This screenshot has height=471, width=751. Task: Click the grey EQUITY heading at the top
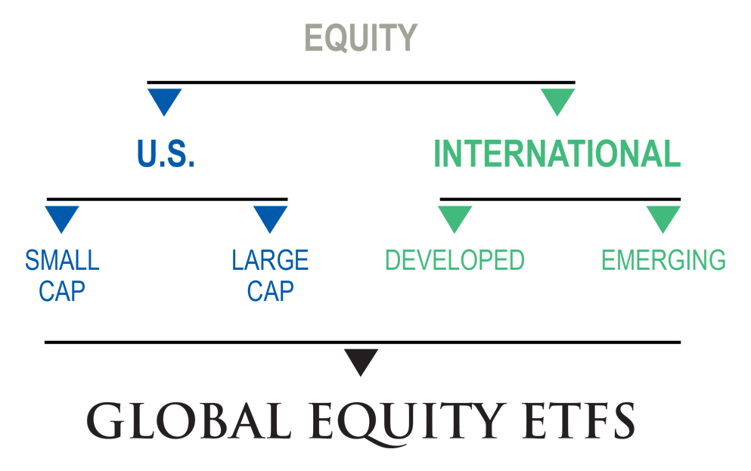coord(361,38)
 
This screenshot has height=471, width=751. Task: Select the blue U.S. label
coord(166,153)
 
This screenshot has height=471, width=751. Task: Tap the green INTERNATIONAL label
coord(557,153)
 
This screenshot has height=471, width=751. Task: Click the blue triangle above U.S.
coord(165,100)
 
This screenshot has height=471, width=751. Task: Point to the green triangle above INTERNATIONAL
coord(558,100)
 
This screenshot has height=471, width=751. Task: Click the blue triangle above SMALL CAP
coord(62,217)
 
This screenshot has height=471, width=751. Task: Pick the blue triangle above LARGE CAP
coord(270,217)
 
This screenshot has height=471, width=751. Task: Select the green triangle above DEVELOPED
coord(455,217)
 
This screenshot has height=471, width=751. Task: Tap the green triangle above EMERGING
coord(663,217)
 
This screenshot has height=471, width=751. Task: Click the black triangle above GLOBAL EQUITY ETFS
coord(362,360)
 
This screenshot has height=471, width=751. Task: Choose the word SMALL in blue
coord(62,261)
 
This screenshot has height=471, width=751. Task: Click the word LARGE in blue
coord(270,261)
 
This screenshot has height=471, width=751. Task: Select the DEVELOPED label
coord(455,261)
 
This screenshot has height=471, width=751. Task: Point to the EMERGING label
coord(663,261)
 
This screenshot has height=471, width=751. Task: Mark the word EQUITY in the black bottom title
coord(389,421)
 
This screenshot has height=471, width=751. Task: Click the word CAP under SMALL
coord(62,291)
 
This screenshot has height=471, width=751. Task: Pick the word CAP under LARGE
coord(270,291)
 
